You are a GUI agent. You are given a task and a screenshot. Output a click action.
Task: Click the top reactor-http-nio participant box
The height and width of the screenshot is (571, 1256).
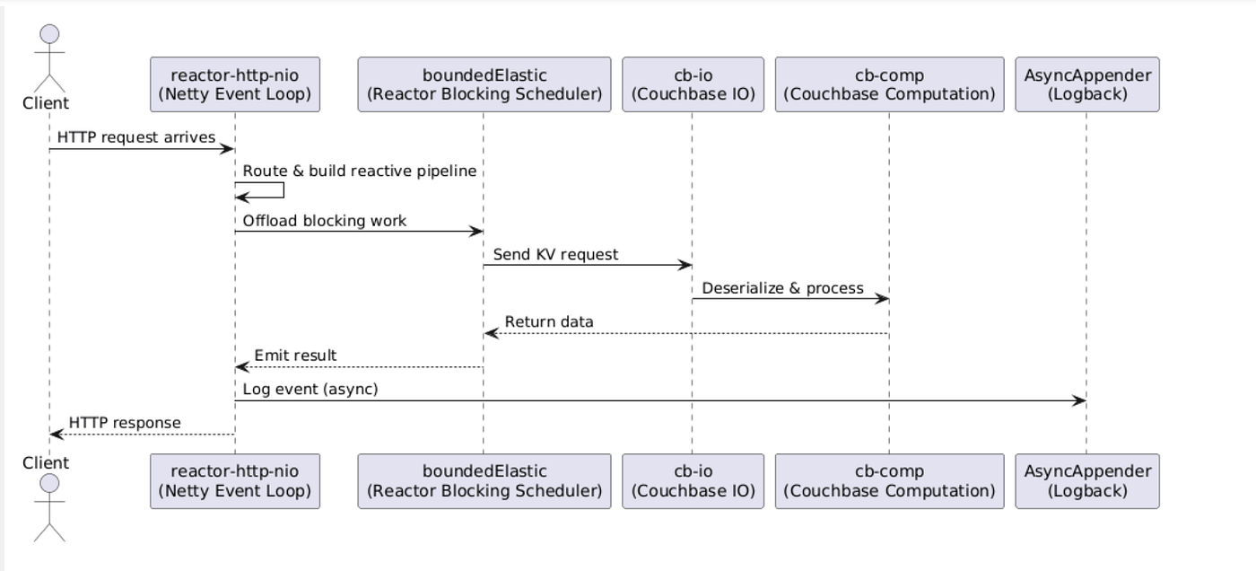point(235,84)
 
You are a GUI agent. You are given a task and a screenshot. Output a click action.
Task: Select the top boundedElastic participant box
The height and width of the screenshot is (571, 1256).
point(484,84)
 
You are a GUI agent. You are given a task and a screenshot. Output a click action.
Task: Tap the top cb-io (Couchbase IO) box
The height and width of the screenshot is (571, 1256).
point(693,84)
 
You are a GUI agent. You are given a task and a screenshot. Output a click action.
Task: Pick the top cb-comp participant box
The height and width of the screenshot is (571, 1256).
point(890,84)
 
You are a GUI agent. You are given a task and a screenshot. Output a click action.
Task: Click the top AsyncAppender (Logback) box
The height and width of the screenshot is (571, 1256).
point(1087,84)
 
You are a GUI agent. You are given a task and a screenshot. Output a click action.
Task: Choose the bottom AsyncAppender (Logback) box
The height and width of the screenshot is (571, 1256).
point(1087,481)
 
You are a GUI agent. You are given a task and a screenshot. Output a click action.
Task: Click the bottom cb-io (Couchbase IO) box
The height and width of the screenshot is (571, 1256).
point(693,481)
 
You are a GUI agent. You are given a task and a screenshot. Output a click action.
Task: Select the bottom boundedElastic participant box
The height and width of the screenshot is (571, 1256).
point(484,481)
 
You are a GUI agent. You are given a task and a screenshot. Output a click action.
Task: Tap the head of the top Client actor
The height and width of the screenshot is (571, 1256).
point(49,33)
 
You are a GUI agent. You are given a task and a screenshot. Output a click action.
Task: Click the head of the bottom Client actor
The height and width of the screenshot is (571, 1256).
point(49,484)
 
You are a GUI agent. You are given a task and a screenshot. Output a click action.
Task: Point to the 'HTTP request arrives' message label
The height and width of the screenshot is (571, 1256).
point(136,137)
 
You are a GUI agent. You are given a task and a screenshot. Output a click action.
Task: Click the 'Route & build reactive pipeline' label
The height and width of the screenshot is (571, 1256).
point(360,171)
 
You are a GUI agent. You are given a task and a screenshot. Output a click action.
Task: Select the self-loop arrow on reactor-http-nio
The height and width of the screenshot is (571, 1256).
point(283,190)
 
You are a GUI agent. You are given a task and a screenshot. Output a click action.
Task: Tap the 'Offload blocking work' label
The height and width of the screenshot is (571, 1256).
point(324,221)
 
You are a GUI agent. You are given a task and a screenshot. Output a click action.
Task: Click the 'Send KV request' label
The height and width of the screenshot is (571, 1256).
point(555,255)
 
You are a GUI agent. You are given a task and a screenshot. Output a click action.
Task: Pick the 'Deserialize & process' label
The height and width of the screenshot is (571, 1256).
point(782,288)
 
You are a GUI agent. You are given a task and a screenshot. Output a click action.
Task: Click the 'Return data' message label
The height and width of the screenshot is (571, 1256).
point(549,322)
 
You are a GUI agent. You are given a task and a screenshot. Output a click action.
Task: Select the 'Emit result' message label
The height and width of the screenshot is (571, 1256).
point(295,356)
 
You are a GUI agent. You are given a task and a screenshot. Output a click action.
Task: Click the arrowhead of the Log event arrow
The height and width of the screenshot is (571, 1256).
point(1079,400)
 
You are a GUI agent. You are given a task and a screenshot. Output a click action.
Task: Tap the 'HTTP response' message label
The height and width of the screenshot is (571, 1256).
point(125,423)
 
